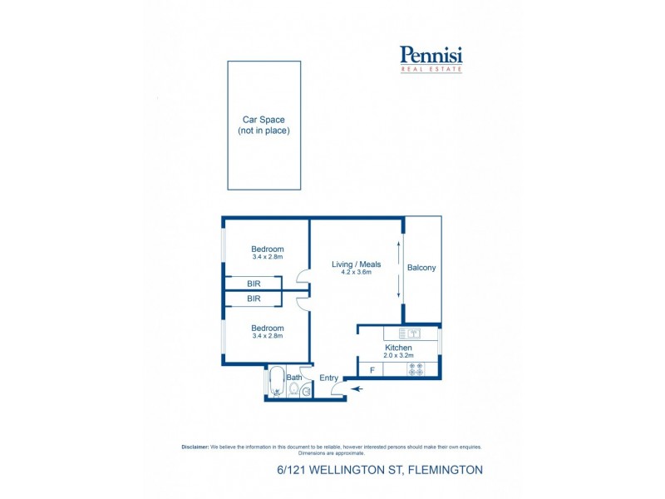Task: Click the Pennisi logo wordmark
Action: [x=431, y=56]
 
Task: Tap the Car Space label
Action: [x=264, y=120]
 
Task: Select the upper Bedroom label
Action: [x=268, y=249]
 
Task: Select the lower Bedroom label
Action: [x=268, y=328]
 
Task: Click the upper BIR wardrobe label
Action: [x=254, y=284]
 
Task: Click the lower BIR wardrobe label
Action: [x=254, y=298]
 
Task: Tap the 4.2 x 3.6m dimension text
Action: [x=355, y=272]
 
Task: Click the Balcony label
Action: [x=421, y=268]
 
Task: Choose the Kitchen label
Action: [x=398, y=347]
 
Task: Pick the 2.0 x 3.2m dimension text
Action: [x=398, y=355]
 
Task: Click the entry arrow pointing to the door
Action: [x=358, y=388]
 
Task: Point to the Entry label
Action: [x=329, y=378]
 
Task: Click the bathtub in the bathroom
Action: [x=276, y=382]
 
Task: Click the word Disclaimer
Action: [x=195, y=447]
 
